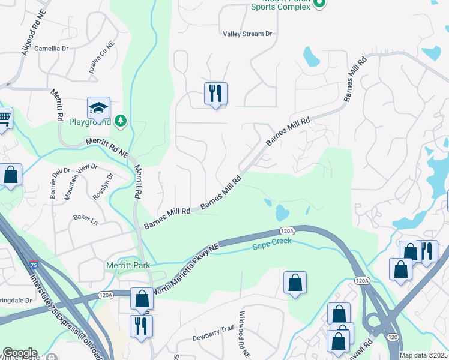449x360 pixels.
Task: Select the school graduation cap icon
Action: pyautogui.click(x=98, y=108)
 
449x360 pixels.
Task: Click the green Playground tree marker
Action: pyautogui.click(x=121, y=121)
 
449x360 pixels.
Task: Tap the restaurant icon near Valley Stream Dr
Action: pyautogui.click(x=215, y=94)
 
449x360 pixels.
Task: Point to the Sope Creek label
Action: pyautogui.click(x=271, y=242)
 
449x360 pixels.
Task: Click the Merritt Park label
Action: pyautogui.click(x=127, y=265)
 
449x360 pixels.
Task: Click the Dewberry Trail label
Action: pyautogui.click(x=212, y=338)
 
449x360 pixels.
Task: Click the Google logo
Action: pyautogui.click(x=20, y=353)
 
